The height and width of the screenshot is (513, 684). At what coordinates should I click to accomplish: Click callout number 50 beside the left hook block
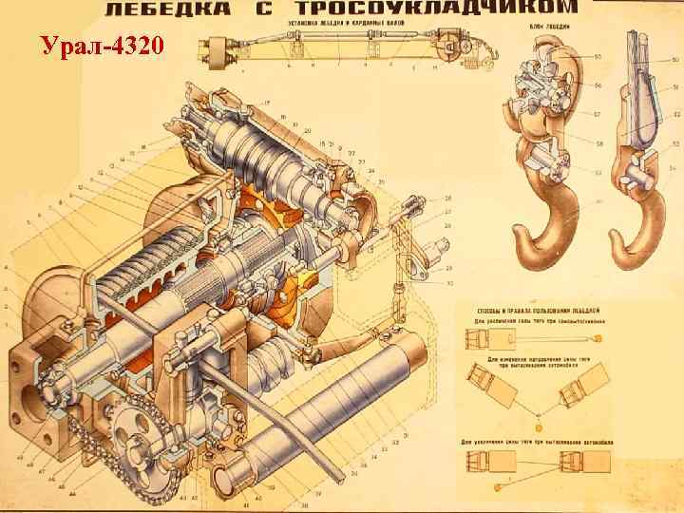(x=598, y=58)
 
